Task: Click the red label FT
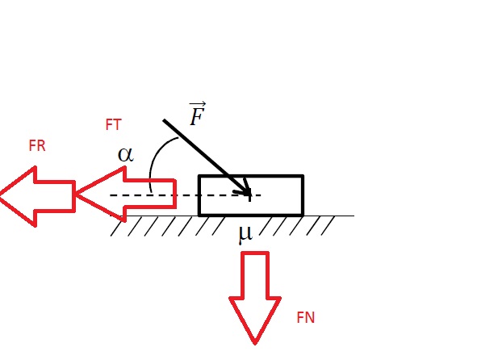[113, 124]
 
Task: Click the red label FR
[37, 146]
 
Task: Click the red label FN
[306, 317]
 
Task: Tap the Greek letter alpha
[126, 155]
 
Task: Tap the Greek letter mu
[245, 235]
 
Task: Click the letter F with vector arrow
[197, 114]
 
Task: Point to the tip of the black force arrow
[250, 195]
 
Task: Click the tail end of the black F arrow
[164, 120]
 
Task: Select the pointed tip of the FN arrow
[255, 344]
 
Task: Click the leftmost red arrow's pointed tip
[1, 196]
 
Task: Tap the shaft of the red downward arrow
[255, 275]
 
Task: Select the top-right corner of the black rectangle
[303, 175]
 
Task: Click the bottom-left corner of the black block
[199, 215]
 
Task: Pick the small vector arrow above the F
[198, 104]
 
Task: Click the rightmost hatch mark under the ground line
[328, 226]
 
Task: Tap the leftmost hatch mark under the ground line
[117, 226]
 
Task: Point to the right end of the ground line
[354, 216]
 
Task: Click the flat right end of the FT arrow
[175, 194]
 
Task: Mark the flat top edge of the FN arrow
[255, 253]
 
